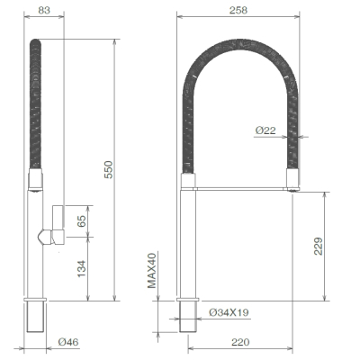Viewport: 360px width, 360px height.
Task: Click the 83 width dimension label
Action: click(x=44, y=10)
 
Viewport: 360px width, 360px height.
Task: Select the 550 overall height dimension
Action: click(x=109, y=170)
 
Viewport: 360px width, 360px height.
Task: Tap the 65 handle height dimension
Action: click(x=82, y=220)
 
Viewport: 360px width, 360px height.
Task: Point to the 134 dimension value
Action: click(x=82, y=268)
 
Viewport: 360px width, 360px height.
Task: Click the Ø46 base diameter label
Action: click(x=68, y=342)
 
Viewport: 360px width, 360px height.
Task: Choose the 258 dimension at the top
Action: click(x=238, y=10)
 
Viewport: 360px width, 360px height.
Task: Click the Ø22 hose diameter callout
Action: click(x=265, y=130)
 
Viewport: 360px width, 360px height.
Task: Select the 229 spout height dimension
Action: click(x=319, y=247)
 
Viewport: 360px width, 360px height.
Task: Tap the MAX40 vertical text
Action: click(x=152, y=271)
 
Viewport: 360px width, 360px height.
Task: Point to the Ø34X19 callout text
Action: click(x=229, y=312)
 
